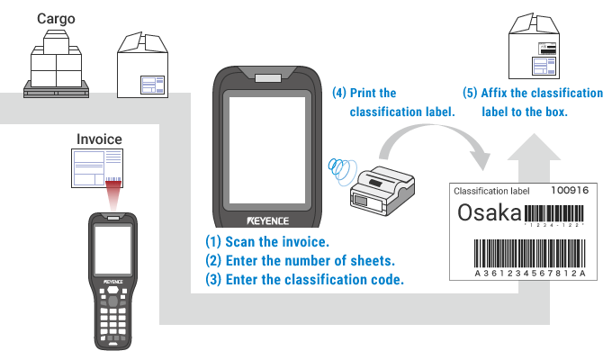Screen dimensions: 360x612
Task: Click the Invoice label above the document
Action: tap(99, 139)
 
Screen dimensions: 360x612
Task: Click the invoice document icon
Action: tap(99, 168)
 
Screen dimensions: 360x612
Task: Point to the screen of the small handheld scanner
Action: tap(112, 250)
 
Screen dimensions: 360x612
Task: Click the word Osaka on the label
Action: tap(490, 213)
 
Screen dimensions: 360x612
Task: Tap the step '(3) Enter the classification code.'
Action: tap(305, 280)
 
